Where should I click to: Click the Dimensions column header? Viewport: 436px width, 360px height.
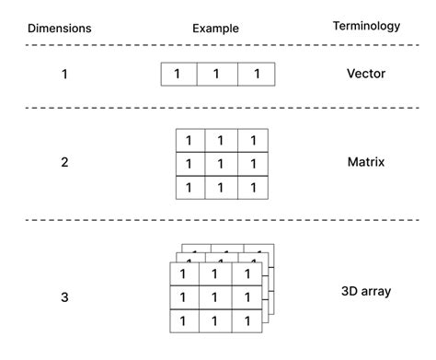[59, 28]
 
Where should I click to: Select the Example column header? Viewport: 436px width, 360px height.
[215, 29]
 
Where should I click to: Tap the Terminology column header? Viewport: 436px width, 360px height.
[366, 27]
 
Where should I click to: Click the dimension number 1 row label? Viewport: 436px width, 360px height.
[63, 74]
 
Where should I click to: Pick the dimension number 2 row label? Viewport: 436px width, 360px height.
[63, 163]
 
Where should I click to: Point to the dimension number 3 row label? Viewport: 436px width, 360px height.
[63, 297]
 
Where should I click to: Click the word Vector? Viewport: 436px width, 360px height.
[366, 74]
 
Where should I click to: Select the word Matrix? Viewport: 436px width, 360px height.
[366, 163]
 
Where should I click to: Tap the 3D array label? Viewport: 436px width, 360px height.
[366, 292]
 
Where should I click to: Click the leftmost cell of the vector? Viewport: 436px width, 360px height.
[178, 75]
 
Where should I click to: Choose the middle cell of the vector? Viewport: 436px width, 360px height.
[217, 75]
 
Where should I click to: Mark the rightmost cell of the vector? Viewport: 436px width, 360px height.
[256, 75]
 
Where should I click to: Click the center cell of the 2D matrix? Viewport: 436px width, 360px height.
[221, 164]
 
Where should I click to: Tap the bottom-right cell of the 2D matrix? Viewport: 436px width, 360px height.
[252, 187]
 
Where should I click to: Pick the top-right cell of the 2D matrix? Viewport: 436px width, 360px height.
[252, 141]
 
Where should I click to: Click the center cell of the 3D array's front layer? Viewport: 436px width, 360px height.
[215, 298]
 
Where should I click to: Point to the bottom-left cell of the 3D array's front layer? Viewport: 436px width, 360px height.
[184, 321]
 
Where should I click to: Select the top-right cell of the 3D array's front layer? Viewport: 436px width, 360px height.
[246, 275]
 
